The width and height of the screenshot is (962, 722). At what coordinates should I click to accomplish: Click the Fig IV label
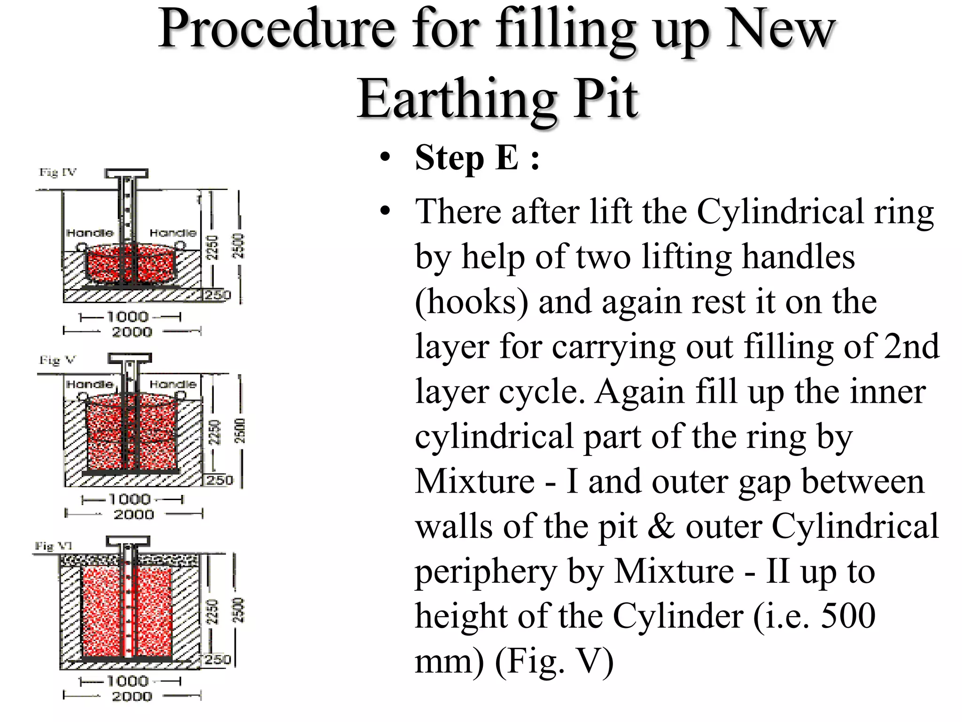pyautogui.click(x=57, y=173)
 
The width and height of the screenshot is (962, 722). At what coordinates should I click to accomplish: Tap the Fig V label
pyautogui.click(x=57, y=361)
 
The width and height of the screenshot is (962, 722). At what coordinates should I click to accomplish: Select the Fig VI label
pyautogui.click(x=53, y=546)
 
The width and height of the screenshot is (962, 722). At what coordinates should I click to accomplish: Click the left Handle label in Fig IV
pyautogui.click(x=90, y=233)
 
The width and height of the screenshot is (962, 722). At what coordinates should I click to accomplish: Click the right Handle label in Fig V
pyautogui.click(x=173, y=385)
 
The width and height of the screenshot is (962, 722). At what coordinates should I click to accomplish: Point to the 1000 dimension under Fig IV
pyautogui.click(x=128, y=317)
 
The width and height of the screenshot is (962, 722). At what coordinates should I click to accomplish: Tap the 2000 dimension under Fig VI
pyautogui.click(x=132, y=697)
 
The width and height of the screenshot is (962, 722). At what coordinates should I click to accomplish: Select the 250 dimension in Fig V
pyautogui.click(x=219, y=480)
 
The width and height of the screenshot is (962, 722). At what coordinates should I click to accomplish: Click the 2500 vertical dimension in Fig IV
pyautogui.click(x=239, y=246)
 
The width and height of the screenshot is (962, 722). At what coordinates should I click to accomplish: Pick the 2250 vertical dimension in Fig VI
pyautogui.click(x=213, y=611)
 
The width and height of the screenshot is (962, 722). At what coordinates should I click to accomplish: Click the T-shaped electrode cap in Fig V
pyautogui.click(x=130, y=359)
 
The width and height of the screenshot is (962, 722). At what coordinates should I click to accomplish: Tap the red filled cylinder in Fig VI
pyautogui.click(x=103, y=611)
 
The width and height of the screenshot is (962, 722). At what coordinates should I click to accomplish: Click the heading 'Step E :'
pyautogui.click(x=477, y=158)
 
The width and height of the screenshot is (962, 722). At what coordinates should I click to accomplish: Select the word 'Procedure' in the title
pyautogui.click(x=277, y=29)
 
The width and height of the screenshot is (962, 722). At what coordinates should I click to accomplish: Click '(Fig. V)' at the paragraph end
pyautogui.click(x=554, y=661)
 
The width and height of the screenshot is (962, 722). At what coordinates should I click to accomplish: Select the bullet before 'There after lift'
pyautogui.click(x=386, y=211)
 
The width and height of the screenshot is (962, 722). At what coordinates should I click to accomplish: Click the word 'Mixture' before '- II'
pyautogui.click(x=674, y=571)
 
